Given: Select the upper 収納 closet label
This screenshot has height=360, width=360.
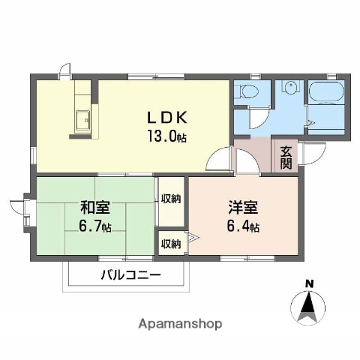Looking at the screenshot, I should pos(170,199).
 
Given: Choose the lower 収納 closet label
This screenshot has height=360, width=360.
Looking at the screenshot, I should pos(170,243).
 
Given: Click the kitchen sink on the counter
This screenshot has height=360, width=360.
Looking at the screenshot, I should pos(82,118).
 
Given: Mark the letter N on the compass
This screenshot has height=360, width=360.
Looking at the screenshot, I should pos(308,283).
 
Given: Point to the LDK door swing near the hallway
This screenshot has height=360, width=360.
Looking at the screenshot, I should pos(220,160).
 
